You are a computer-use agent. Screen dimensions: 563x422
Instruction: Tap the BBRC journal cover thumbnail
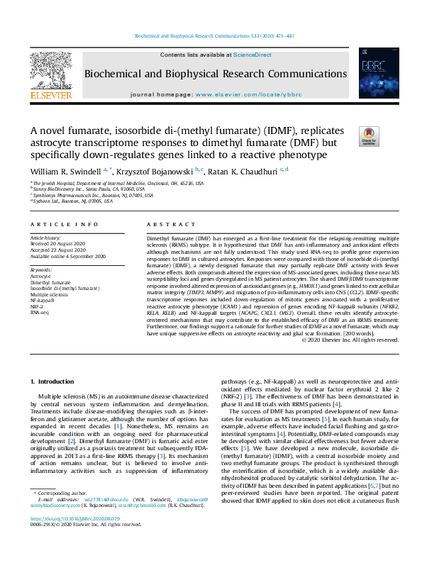point(373,73)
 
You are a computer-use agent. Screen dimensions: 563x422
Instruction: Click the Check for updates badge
point(370,137)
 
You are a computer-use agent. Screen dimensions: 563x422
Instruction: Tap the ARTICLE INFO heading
point(56,224)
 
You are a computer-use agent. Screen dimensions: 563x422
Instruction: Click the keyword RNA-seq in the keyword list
point(40,312)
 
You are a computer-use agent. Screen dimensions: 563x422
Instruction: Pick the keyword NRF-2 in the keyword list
point(38,306)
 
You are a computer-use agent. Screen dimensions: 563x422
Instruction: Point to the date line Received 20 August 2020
point(62,245)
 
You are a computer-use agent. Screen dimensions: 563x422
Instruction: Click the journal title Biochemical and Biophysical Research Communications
point(216,74)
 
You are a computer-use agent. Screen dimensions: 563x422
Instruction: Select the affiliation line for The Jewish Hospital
point(116,183)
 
